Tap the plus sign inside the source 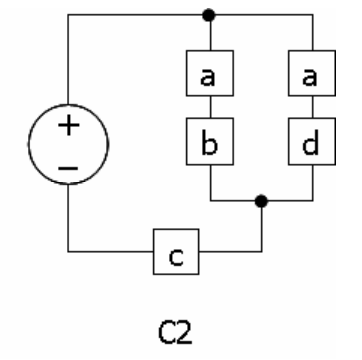(x=69, y=125)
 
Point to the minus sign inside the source (x=68, y=168)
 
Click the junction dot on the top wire (x=209, y=15)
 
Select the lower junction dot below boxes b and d (x=261, y=201)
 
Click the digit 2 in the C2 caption (x=183, y=332)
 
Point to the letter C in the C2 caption (x=166, y=332)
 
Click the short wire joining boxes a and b (x=210, y=107)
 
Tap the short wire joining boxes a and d (x=312, y=107)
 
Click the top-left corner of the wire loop (x=68, y=15)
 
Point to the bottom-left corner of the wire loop (x=68, y=252)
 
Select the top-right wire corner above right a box (x=313, y=15)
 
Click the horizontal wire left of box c (x=111, y=252)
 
